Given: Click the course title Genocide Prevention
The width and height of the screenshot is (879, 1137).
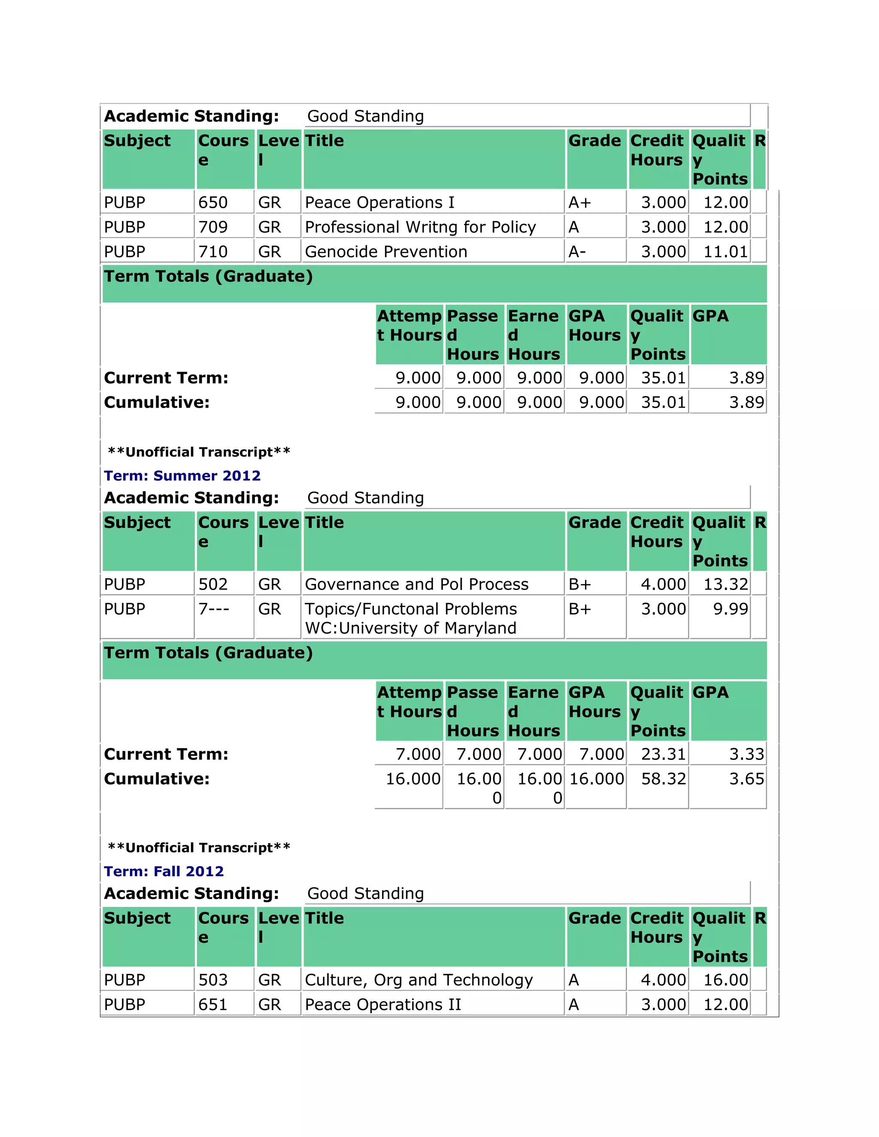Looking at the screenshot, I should (x=386, y=252).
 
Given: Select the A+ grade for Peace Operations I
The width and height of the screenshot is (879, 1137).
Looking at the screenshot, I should (x=579, y=203).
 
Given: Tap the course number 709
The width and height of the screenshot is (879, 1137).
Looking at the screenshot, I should (x=213, y=227).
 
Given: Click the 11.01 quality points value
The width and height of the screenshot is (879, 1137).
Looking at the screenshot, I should (x=725, y=252).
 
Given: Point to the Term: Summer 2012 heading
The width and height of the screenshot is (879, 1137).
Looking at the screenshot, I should (x=182, y=475).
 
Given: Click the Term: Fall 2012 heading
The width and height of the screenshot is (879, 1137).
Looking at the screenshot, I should (x=164, y=871).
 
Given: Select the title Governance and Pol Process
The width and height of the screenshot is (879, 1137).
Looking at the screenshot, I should (x=417, y=584).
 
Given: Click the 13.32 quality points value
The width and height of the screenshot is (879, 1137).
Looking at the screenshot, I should (x=725, y=584).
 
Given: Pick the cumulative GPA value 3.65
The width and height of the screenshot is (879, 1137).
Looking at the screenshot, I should (x=746, y=779).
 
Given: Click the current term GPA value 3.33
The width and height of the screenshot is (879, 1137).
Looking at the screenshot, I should (x=746, y=754).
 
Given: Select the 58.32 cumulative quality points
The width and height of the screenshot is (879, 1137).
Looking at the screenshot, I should (x=663, y=779).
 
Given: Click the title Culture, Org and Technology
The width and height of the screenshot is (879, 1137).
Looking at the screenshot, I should (x=418, y=980).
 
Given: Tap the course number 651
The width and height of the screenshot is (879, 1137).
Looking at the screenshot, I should (x=213, y=1004).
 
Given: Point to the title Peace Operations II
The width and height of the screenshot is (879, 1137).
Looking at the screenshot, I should (x=383, y=1004).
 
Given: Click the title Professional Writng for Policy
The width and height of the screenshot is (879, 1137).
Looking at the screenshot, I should (x=420, y=227).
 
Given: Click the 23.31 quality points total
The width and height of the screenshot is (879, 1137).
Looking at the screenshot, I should (x=663, y=754).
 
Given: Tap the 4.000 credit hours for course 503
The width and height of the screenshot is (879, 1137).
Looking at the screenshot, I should (x=663, y=980).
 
